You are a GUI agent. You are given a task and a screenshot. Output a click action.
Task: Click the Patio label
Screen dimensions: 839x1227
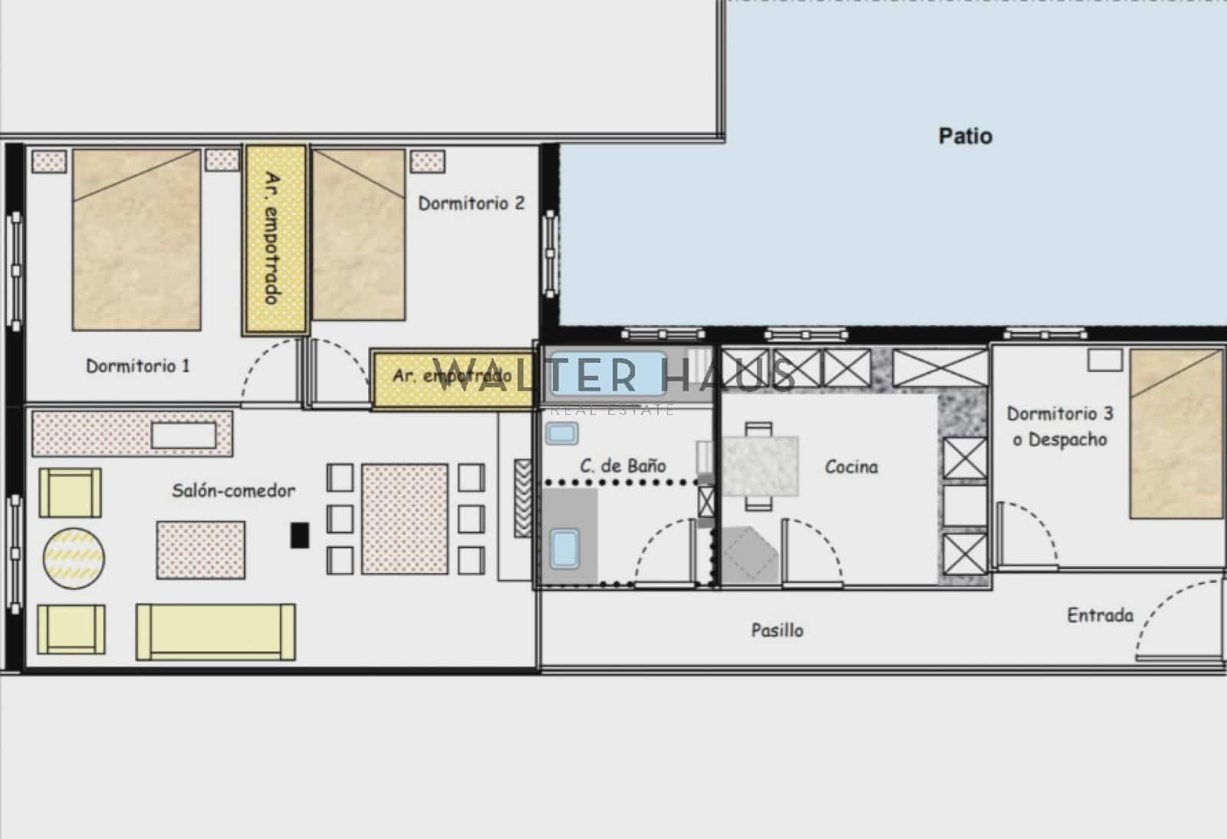pyautogui.click(x=965, y=137)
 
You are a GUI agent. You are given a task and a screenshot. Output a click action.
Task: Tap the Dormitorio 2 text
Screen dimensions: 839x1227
pyautogui.click(x=471, y=203)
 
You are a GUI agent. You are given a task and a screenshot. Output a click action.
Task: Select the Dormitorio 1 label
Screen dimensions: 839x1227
pyautogui.click(x=137, y=366)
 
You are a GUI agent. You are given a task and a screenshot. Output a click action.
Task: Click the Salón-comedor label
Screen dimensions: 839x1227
pyautogui.click(x=233, y=491)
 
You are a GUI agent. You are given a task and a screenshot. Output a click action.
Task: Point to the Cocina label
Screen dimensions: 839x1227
pyautogui.click(x=851, y=467)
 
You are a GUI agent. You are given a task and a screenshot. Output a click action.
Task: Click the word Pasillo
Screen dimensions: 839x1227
pyautogui.click(x=777, y=630)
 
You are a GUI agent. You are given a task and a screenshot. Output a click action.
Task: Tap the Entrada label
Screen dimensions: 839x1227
pyautogui.click(x=1100, y=615)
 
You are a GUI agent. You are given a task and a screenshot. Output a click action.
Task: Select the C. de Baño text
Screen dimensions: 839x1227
pyautogui.click(x=623, y=466)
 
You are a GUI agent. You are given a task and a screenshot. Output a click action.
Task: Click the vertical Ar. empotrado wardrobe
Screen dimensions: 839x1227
pyautogui.click(x=275, y=239)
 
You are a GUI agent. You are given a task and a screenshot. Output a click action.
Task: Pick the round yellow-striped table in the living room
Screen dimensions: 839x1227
pyautogui.click(x=74, y=558)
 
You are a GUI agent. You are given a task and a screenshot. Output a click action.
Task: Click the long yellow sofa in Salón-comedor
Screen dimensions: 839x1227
pyautogui.click(x=215, y=631)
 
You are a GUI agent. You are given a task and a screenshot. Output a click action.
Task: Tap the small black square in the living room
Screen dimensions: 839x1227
pyautogui.click(x=300, y=535)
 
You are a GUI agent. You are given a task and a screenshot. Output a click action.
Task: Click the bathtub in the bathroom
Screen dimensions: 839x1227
pyautogui.click(x=608, y=373)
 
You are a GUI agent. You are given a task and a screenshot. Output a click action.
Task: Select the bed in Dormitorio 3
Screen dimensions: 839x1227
pyautogui.click(x=1176, y=434)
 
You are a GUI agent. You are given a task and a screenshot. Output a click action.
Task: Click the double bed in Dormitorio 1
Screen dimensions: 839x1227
pyautogui.click(x=137, y=240)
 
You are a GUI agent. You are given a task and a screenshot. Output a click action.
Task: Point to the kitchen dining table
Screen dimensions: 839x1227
pyautogui.click(x=760, y=466)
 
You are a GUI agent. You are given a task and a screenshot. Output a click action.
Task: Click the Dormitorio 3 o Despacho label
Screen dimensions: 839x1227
pyautogui.click(x=1060, y=426)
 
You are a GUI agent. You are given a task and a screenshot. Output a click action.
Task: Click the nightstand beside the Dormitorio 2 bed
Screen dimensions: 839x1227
pyautogui.click(x=427, y=161)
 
